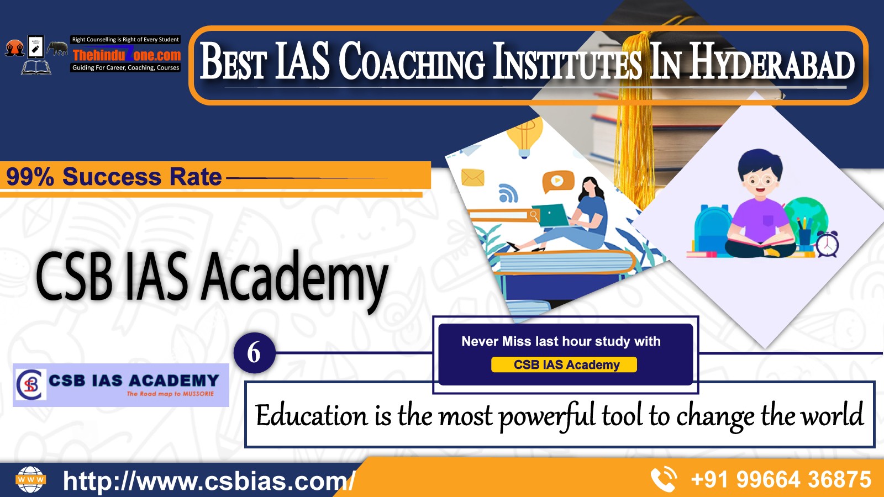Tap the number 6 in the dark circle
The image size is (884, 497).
(254, 353)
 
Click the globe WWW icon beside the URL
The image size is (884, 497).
(30, 479)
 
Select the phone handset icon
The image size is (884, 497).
(664, 479)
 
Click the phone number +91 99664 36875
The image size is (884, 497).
(781, 479)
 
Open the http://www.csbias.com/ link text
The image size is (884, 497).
(209, 480)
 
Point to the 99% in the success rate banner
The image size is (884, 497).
(30, 177)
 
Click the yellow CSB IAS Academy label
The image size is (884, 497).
(564, 364)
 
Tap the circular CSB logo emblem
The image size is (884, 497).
(30, 384)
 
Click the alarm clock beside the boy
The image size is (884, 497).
(827, 244)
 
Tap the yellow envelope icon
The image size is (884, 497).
(473, 177)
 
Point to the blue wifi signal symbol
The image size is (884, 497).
(508, 193)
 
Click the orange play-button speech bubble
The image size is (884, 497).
(557, 182)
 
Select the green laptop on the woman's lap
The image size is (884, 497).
(550, 215)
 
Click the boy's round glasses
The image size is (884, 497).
(760, 180)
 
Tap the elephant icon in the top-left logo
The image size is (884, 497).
(57, 48)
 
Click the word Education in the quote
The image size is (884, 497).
(311, 416)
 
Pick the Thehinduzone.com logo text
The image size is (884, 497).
(127, 55)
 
